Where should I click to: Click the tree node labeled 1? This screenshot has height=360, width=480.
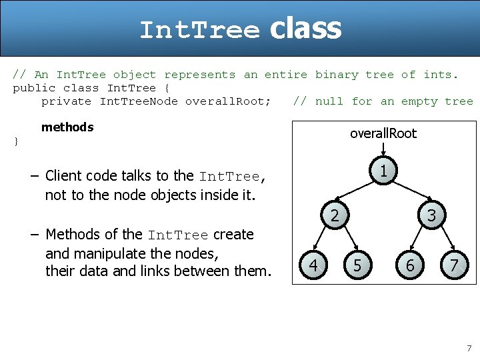pyautogui.click(x=383, y=171)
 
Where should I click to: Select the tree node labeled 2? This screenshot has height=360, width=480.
pyautogui.click(x=335, y=215)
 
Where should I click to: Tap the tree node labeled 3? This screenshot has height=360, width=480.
pyautogui.click(x=431, y=215)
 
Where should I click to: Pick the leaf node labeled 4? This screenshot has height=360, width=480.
pyautogui.click(x=313, y=265)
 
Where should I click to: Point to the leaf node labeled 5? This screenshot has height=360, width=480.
pyautogui.click(x=357, y=265)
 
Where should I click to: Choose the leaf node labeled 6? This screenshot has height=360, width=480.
pyautogui.click(x=410, y=265)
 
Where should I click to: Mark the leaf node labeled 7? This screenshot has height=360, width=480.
pyautogui.click(x=453, y=265)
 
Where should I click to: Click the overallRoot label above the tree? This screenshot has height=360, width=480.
pyautogui.click(x=383, y=133)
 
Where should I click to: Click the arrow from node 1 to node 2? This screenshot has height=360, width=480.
pyautogui.click(x=357, y=194)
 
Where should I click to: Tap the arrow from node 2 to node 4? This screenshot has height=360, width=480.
pyautogui.click(x=324, y=240)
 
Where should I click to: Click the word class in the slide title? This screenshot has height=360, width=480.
pyautogui.click(x=305, y=29)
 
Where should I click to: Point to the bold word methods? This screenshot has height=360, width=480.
pyautogui.click(x=67, y=127)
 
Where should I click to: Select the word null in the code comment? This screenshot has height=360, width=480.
pyautogui.click(x=329, y=101)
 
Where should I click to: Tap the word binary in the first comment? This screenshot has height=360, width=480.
pyautogui.click(x=337, y=75)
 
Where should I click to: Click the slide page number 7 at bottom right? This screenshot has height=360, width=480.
pyautogui.click(x=469, y=348)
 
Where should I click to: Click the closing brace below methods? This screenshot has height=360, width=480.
pyautogui.click(x=16, y=141)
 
